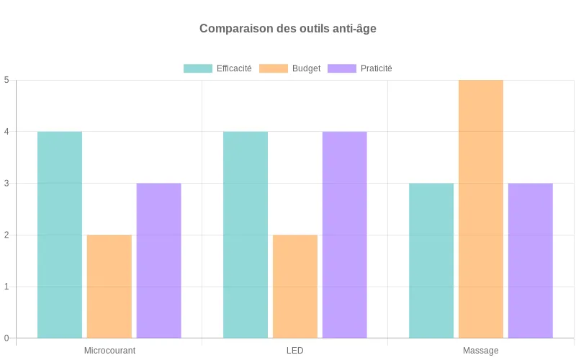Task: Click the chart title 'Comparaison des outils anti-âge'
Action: pos(288,29)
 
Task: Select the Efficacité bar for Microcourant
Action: pos(60,235)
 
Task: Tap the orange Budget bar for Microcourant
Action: pos(109,287)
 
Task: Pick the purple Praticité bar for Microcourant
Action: pos(158,261)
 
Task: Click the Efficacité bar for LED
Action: pos(246,235)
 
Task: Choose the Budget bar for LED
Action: pos(295,287)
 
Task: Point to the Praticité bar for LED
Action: pos(344,235)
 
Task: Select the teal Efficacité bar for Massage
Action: pos(431,261)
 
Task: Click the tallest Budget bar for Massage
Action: pos(481,209)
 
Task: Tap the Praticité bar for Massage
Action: pos(530,261)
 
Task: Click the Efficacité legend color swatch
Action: pos(198,68)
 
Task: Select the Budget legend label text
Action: pos(306,68)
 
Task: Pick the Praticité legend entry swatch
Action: pos(342,68)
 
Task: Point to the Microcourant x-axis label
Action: pos(109,351)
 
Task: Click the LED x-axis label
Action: pos(295,351)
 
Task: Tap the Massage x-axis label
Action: pos(481,351)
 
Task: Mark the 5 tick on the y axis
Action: pos(6,80)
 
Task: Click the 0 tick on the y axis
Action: pos(6,338)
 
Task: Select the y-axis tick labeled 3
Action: pos(6,184)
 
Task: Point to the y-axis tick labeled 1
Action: pos(6,287)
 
